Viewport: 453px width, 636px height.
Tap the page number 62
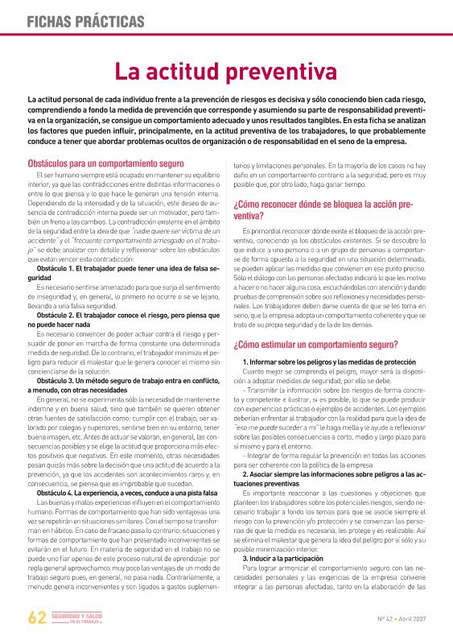(x=36, y=617)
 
